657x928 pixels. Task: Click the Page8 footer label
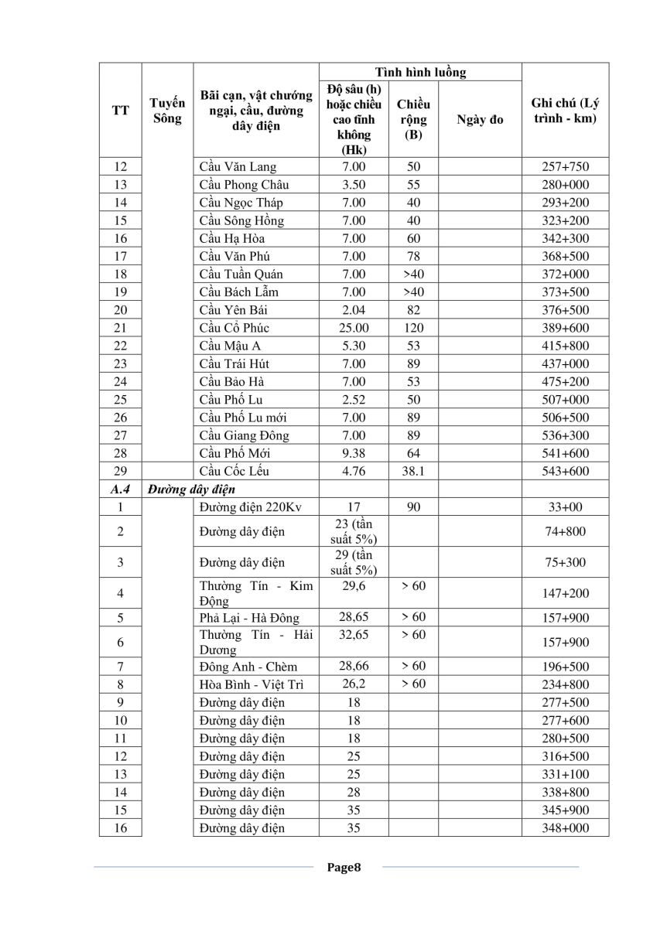point(344,867)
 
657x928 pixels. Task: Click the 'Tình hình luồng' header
point(420,72)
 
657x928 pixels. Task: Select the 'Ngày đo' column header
point(480,119)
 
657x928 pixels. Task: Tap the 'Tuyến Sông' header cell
point(167,111)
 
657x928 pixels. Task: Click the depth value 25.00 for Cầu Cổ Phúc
point(354,328)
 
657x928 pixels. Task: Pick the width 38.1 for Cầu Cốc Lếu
point(414,471)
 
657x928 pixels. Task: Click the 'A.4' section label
point(120,489)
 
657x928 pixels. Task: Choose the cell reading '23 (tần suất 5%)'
point(354,531)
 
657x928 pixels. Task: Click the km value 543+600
point(565,471)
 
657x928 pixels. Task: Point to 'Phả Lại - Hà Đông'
point(248,618)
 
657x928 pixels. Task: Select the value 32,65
point(354,635)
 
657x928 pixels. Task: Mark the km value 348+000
point(565,828)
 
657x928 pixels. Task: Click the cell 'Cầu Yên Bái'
point(231,310)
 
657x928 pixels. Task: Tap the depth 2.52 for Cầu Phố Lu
point(354,400)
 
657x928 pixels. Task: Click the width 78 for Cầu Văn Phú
point(414,256)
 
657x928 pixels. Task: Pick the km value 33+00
point(565,507)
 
